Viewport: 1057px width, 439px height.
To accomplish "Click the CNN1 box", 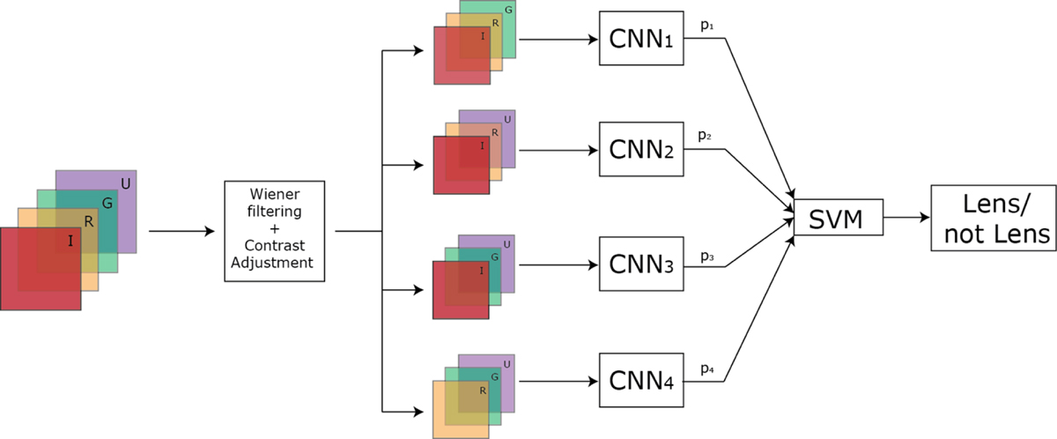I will pyautogui.click(x=642, y=39).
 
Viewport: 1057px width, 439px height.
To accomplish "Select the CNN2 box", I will pyautogui.click(x=642, y=150).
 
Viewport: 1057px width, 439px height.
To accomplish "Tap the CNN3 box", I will pyautogui.click(x=642, y=263).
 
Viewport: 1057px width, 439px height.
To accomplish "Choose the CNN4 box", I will pyautogui.click(x=642, y=381).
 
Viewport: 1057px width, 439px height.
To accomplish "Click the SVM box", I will pyautogui.click(x=839, y=216).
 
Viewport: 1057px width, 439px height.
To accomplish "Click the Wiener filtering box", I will pyautogui.click(x=275, y=231).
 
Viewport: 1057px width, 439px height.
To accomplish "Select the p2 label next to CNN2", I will pyautogui.click(x=706, y=137).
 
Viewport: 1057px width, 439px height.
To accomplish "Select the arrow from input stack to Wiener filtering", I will pyautogui.click(x=181, y=231).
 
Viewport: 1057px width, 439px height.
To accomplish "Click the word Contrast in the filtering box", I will pyautogui.click(x=275, y=249).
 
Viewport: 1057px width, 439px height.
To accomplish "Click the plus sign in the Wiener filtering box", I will pyautogui.click(x=275, y=232).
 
